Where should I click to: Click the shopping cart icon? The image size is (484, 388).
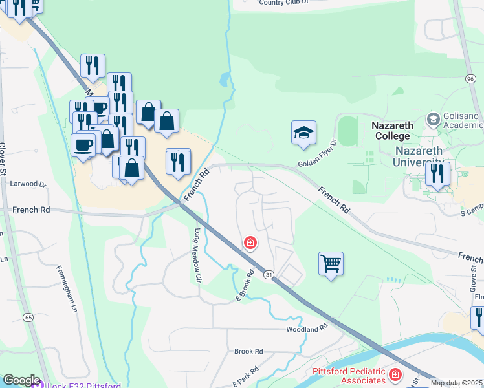click(331, 264)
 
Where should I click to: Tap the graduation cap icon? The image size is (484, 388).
click(303, 133)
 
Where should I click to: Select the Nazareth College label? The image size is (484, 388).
click(392, 131)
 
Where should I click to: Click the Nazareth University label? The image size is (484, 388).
click(419, 157)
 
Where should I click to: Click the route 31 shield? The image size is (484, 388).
click(267, 275)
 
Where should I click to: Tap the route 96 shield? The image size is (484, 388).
click(470, 78)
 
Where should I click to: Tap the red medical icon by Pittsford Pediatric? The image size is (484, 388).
click(395, 374)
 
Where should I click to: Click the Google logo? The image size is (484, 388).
click(21, 380)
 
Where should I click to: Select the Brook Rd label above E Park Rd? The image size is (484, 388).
click(248, 351)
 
